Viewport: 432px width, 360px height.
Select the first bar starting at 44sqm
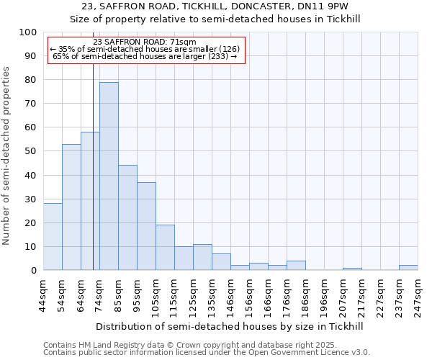[53, 237]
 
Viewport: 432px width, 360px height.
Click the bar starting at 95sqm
[146, 226]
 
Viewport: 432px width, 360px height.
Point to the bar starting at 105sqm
[165, 248]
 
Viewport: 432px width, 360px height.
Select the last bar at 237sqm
[408, 268]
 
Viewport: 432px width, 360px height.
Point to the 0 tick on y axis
[34, 271]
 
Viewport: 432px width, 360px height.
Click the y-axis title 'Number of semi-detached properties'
[7, 156]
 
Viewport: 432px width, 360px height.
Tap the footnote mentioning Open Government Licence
[207, 353]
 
